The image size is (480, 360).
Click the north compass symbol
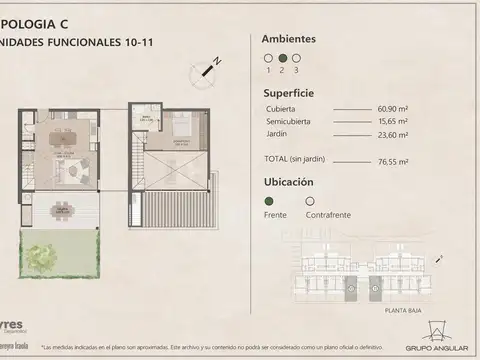(x=212, y=67)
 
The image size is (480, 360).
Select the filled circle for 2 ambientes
(x=282, y=58)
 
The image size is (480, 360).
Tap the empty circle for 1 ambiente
(x=268, y=58)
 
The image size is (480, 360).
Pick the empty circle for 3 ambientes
(x=296, y=58)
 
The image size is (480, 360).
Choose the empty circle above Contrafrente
(x=309, y=201)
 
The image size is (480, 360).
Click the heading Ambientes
(x=289, y=39)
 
